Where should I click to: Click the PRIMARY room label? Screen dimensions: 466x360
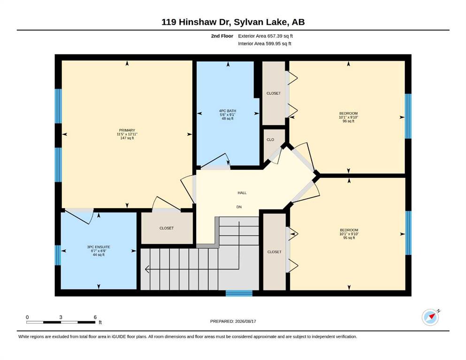click(127, 130)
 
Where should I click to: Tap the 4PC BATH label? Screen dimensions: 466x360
click(227, 111)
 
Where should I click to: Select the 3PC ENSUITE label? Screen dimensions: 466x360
click(99, 247)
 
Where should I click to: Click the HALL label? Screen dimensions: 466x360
click(242, 193)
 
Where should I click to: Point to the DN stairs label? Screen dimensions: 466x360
click(239, 207)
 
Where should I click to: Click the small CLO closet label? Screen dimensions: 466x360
click(270, 140)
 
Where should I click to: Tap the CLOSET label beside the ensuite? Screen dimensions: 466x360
click(167, 228)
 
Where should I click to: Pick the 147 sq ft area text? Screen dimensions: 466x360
click(127, 138)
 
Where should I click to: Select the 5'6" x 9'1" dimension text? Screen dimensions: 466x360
click(227, 115)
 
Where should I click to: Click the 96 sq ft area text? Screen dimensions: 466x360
click(348, 121)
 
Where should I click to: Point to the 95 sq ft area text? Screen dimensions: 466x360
click(349, 238)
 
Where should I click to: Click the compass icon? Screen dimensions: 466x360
click(430, 317)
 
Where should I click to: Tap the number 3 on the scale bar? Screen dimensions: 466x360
click(61, 317)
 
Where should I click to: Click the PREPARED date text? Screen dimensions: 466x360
click(233, 321)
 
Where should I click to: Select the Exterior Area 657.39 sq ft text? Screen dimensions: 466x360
click(266, 36)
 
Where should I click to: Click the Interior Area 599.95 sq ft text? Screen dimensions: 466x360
click(265, 44)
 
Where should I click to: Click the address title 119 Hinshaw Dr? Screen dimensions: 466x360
click(196, 22)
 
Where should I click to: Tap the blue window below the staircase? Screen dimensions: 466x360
click(239, 293)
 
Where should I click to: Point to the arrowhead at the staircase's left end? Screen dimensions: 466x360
click(147, 270)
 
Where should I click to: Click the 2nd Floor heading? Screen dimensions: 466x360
click(222, 36)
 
